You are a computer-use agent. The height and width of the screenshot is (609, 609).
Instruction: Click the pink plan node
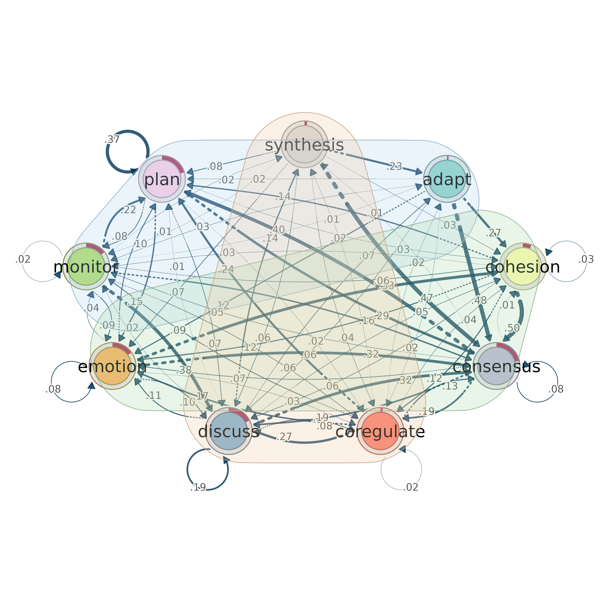click(x=162, y=179)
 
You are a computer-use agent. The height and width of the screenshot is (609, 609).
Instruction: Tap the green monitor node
click(x=86, y=266)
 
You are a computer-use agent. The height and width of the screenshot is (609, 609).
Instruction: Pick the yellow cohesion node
click(x=523, y=266)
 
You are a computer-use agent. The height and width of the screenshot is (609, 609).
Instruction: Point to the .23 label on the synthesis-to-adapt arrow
click(x=394, y=166)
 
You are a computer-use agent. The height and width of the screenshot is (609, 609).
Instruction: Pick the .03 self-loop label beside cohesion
click(x=586, y=259)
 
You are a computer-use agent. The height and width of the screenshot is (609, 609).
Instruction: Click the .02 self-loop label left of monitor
click(x=23, y=259)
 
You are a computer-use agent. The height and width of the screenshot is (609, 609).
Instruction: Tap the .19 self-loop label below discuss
click(x=198, y=488)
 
